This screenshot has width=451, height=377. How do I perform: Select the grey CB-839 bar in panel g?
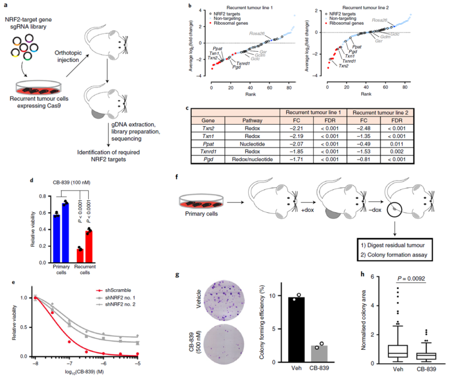pyautogui.click(x=319, y=354)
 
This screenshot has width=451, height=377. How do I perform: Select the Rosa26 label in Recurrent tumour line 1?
pyautogui.click(x=257, y=33)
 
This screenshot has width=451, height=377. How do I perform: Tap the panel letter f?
pyautogui.click(x=178, y=176)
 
